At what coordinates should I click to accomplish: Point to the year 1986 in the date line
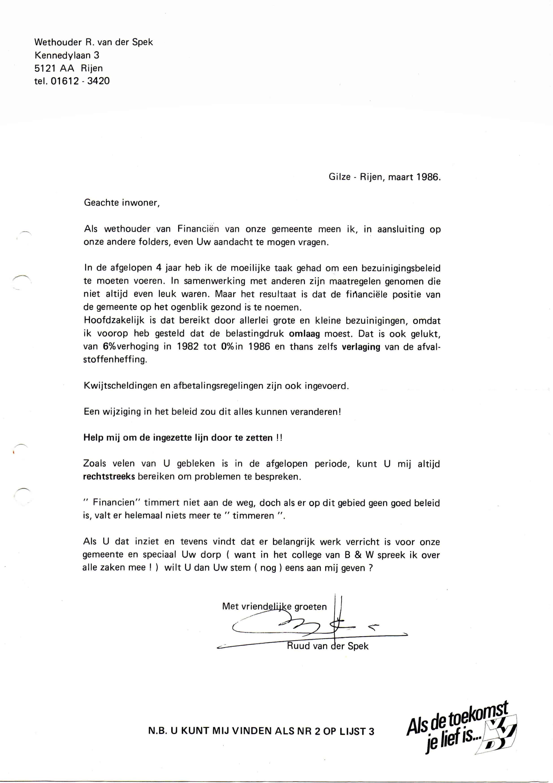coord(427,177)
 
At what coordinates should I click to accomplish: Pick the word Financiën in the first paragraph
coord(198,229)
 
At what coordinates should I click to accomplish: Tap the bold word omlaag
coord(304,334)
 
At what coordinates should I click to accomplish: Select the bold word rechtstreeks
coord(109,477)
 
